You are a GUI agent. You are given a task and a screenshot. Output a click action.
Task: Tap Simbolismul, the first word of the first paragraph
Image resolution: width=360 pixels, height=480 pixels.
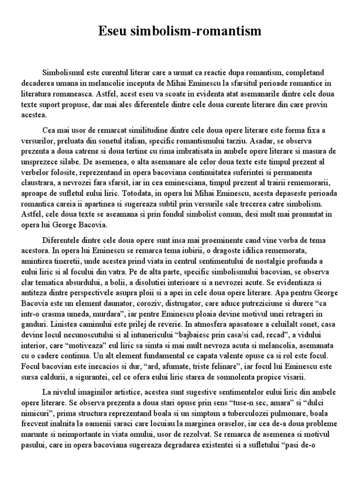(x=65, y=73)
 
